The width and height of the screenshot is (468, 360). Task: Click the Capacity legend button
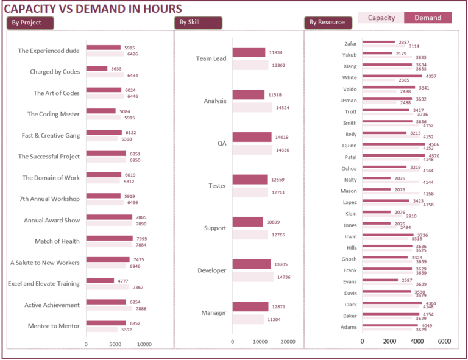point(381,18)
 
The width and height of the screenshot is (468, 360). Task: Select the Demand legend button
point(428,18)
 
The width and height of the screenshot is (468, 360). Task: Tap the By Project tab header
point(30,23)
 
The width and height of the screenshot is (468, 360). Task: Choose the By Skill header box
point(197,23)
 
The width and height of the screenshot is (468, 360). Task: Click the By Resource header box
point(327,23)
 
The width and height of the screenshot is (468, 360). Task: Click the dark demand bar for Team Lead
point(249,52)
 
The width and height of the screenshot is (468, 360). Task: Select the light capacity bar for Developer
point(253,277)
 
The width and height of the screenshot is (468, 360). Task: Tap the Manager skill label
point(214,313)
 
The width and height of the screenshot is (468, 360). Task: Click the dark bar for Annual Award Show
point(109,217)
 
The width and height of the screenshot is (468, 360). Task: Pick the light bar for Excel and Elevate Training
point(107,287)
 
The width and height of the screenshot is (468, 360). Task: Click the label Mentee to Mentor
point(54,326)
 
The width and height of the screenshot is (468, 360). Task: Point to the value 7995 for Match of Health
point(141,239)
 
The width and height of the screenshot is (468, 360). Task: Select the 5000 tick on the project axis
point(116,344)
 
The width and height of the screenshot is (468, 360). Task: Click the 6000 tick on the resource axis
point(444,341)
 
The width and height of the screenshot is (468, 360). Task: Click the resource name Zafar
point(350,44)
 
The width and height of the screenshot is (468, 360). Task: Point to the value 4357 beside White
point(431,76)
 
